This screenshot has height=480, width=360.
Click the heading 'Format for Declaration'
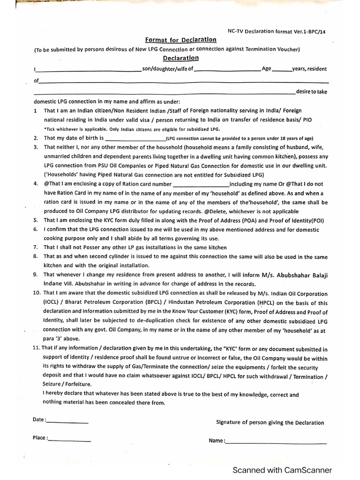pyautogui.click(x=181, y=40)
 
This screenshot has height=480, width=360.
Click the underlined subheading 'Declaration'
pyautogui.click(x=181, y=58)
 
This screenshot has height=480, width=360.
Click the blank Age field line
pyautogui.click(x=281, y=71)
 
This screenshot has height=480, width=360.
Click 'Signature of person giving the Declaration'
pyautogui.click(x=270, y=422)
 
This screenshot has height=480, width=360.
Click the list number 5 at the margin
pyautogui.click(x=36, y=220)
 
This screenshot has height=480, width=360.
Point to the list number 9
pyautogui.click(x=36, y=275)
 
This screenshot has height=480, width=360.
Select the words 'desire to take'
pyautogui.click(x=312, y=91)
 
